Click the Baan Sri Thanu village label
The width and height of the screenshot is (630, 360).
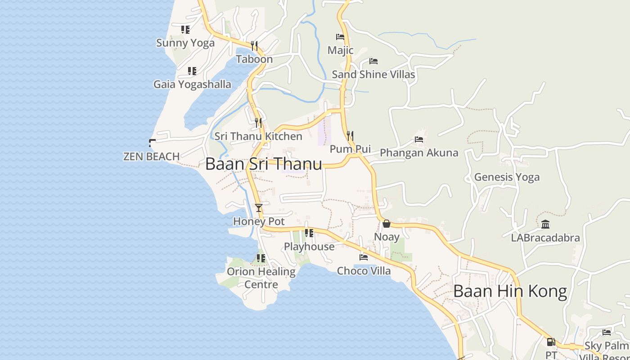(264, 164)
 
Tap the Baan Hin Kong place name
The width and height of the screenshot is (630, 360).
(510, 291)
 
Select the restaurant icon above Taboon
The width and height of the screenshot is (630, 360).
(254, 46)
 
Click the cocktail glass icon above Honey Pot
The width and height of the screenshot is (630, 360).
(259, 207)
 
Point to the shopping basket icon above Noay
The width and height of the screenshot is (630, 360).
(387, 224)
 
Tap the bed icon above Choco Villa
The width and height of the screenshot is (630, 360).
(364, 257)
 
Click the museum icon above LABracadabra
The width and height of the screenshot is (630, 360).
(545, 224)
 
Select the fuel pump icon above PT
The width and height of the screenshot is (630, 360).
(551, 342)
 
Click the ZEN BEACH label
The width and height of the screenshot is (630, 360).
(152, 157)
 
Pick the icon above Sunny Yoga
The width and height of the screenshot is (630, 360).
(185, 30)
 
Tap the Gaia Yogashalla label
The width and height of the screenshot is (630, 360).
(192, 85)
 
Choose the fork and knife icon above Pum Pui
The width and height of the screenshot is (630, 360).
(350, 135)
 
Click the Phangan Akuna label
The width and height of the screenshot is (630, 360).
(419, 153)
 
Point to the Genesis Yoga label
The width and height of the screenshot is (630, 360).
(507, 177)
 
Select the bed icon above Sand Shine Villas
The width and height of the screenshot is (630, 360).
(373, 61)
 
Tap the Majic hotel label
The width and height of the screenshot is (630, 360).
(340, 50)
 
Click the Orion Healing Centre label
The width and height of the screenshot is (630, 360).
(261, 278)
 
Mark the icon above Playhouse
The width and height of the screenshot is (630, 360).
(309, 233)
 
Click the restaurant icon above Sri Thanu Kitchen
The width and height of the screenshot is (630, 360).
(258, 122)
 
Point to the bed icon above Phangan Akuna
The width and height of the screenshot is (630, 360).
(419, 139)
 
